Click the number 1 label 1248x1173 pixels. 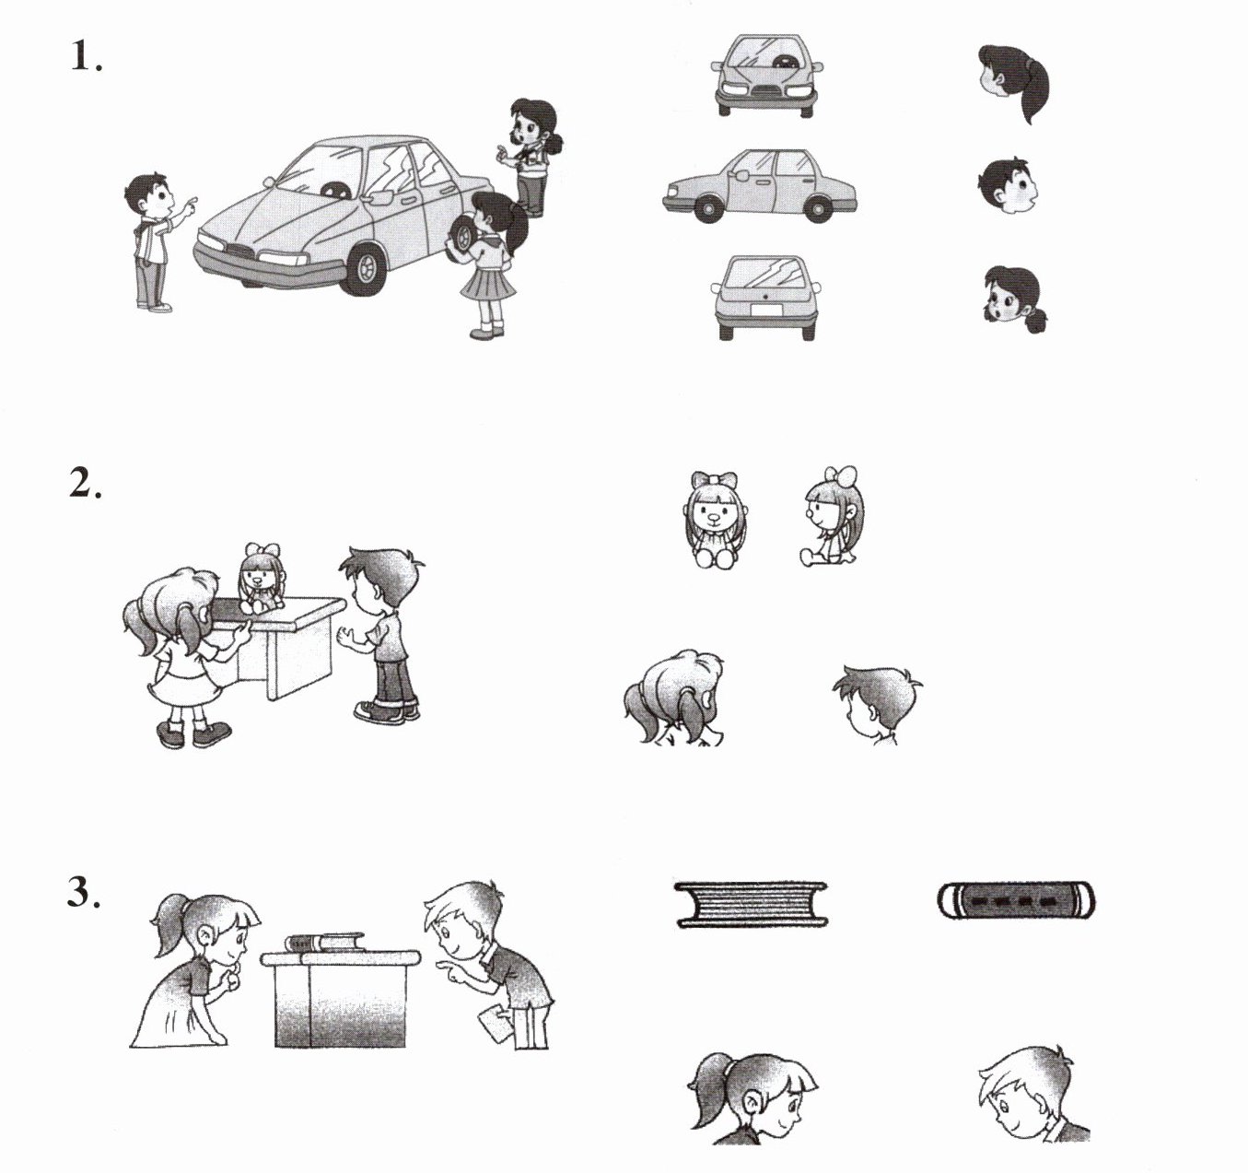pos(86,55)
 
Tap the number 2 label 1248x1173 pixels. pos(85,483)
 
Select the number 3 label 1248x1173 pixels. pos(84,891)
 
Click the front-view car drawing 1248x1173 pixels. pos(766,76)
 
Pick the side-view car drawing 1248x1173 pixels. pos(759,186)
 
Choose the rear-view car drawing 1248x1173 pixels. pos(766,298)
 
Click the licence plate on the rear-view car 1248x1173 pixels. pos(767,310)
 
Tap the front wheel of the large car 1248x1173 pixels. pos(364,268)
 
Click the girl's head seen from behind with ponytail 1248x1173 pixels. pos(1014,83)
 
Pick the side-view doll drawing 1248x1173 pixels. pos(832,516)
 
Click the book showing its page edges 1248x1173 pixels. pos(751,905)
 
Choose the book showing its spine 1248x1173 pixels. pos(1016,901)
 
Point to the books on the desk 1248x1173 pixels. pos(325,943)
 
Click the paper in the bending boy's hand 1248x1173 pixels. pos(495,1025)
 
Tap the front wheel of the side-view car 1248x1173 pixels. pos(708,208)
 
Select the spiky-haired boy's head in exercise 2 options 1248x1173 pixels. pos(877,704)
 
